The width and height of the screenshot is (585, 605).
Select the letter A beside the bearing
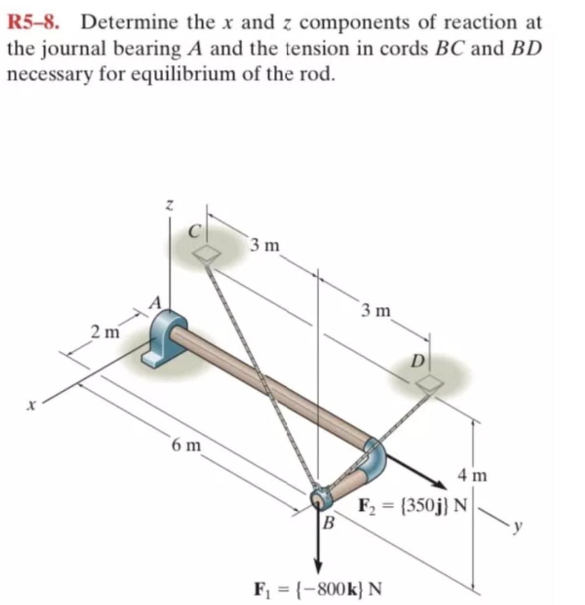click(x=157, y=302)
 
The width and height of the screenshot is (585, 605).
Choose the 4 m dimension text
click(x=472, y=475)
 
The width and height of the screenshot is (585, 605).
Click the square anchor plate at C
click(x=206, y=253)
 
